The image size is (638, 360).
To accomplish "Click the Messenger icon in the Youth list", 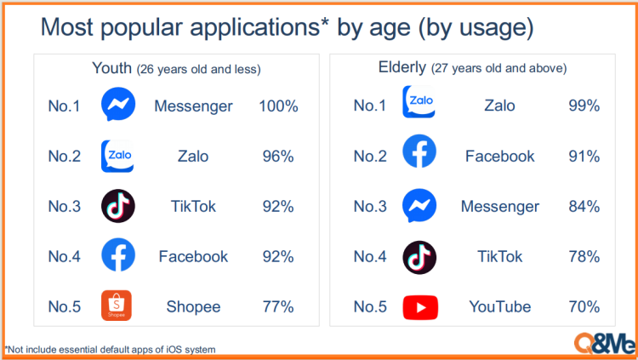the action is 118,104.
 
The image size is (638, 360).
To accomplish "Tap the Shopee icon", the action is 117,306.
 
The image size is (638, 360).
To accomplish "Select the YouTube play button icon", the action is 420,307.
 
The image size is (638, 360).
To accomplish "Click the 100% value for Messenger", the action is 278,106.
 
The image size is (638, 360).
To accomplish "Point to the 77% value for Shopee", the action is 278,306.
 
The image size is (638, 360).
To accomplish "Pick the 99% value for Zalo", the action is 584,106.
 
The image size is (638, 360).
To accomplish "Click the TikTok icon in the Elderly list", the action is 419,257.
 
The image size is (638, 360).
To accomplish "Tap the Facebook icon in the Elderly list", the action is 419,151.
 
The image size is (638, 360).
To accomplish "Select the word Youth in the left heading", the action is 112,68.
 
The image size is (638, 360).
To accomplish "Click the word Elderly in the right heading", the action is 402,66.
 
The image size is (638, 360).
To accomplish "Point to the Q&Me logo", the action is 605,343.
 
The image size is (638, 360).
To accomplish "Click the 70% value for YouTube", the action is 584,306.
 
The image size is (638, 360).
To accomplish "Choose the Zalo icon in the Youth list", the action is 117,156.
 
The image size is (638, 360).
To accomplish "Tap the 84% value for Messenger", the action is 584,207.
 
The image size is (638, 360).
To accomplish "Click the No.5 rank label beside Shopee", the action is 65,306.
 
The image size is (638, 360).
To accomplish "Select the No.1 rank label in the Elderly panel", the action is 370,106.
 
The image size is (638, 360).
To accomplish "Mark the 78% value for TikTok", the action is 584,256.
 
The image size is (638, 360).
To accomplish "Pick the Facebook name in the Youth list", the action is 193,256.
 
